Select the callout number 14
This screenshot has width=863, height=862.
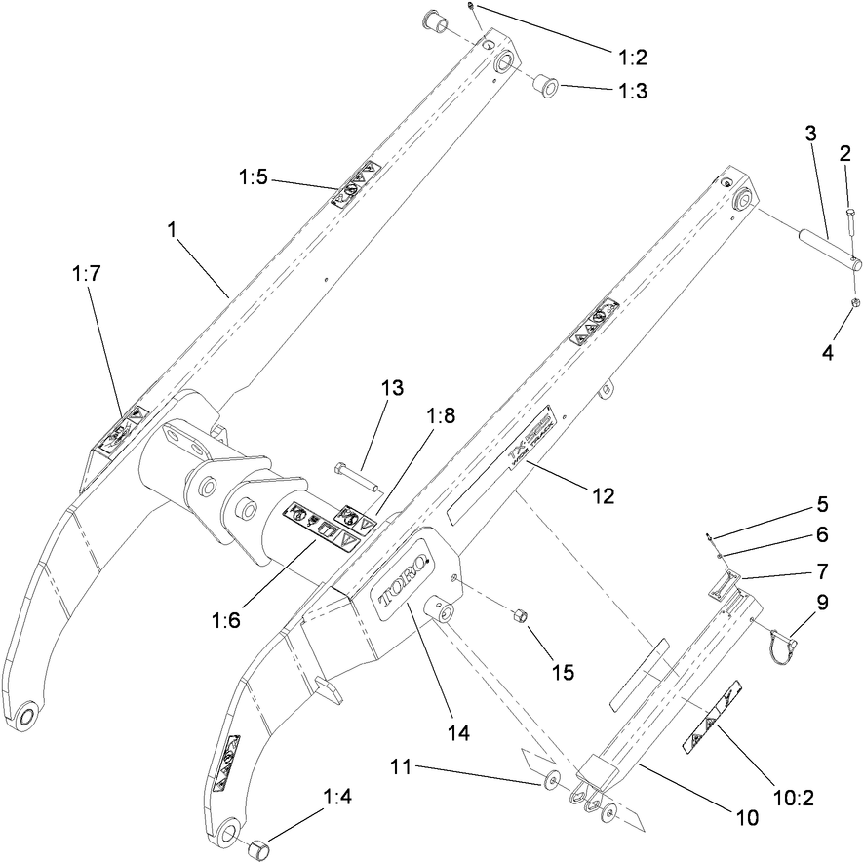click(x=457, y=730)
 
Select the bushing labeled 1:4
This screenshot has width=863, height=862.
click(x=259, y=845)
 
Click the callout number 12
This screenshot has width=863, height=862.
click(x=602, y=495)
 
